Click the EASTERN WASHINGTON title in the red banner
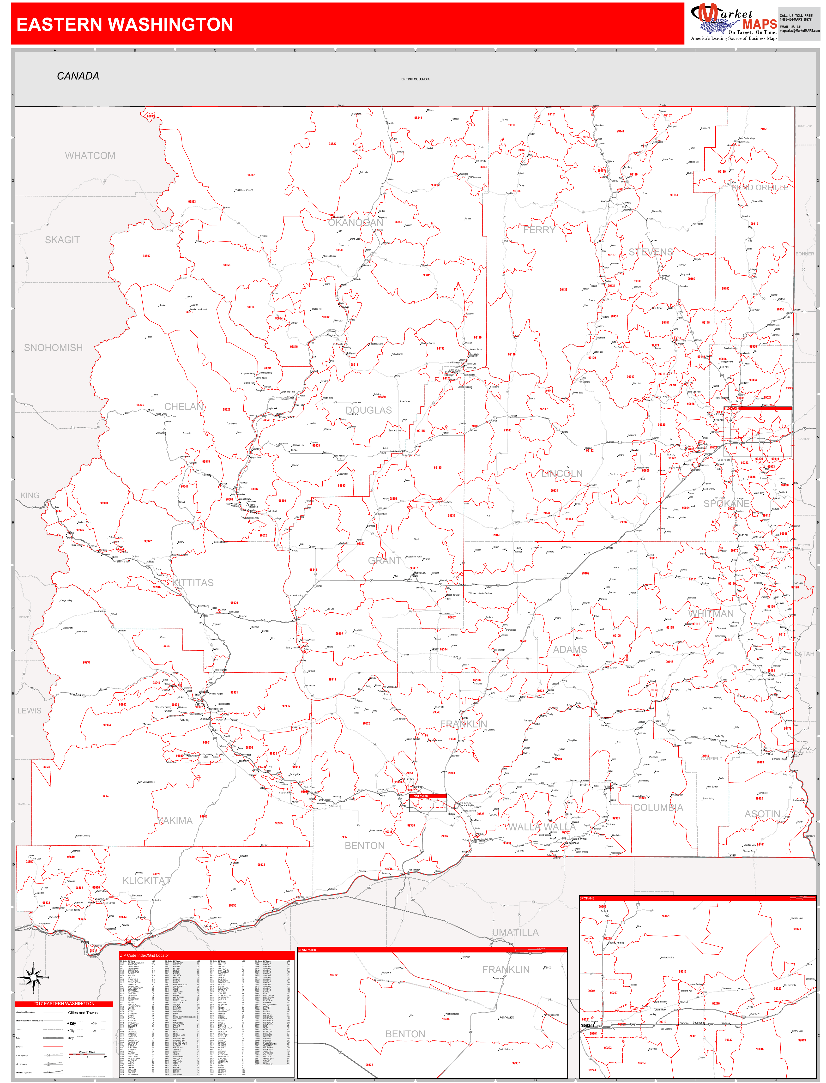tap(125, 24)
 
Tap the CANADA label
tap(78, 76)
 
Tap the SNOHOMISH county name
tap(54, 348)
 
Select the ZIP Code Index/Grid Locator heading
tap(145, 955)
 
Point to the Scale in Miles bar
tap(87, 1055)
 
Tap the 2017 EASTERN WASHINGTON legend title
tap(64, 1003)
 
